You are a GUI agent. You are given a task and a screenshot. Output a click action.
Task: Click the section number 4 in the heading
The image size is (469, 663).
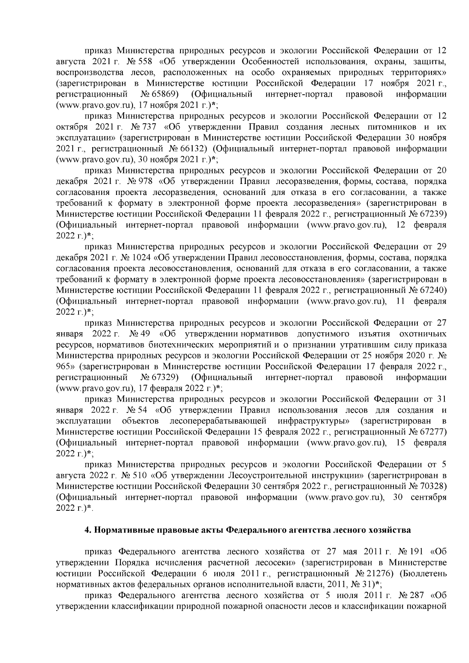(x=87, y=530)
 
